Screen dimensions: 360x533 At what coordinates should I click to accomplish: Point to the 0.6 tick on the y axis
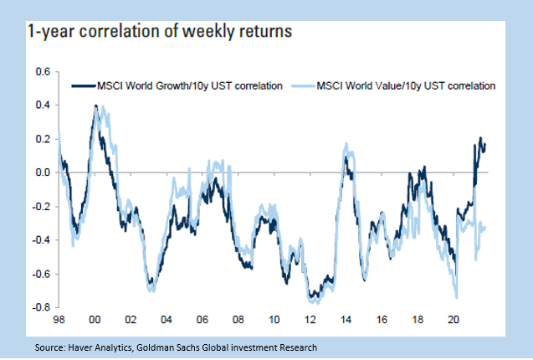pos(42,71)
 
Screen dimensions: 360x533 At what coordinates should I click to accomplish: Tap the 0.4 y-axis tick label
pos(42,105)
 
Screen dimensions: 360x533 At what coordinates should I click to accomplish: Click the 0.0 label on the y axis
pos(42,172)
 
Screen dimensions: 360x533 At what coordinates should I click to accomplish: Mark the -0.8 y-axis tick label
pos(40,307)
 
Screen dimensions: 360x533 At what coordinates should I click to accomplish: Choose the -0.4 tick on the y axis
pos(40,240)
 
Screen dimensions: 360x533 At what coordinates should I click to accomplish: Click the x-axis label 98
pos(59,320)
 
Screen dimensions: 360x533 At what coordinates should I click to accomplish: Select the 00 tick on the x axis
pos(95,320)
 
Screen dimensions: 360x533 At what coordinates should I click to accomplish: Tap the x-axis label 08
pos(238,320)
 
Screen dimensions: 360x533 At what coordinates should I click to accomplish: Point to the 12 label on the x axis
pos(310,320)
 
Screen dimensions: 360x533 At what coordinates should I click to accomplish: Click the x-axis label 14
pos(346,320)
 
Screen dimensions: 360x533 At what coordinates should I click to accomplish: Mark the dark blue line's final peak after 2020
pos(480,138)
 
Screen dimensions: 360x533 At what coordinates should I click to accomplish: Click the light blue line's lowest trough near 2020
pos(457,297)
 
